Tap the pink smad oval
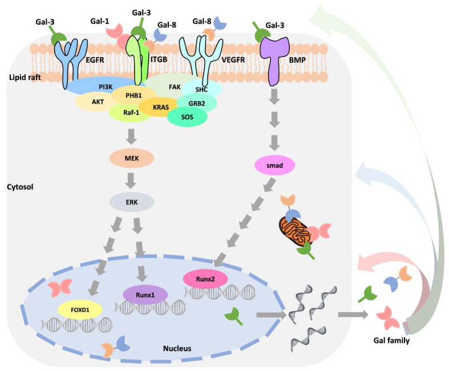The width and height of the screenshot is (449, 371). [274, 166]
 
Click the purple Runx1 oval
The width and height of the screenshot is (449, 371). [145, 294]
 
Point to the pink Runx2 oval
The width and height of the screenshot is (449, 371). [205, 279]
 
